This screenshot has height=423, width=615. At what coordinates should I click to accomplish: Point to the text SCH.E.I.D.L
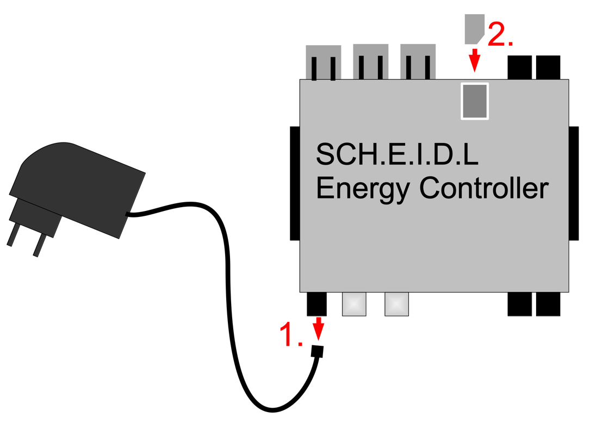(x=397, y=155)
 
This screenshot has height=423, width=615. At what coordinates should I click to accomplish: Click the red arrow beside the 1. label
(x=318, y=329)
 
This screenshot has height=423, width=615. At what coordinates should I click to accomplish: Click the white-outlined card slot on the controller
(x=475, y=101)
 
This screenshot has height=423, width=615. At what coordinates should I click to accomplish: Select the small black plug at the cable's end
(x=318, y=351)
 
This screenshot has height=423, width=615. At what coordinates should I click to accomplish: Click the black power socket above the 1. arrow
(x=317, y=303)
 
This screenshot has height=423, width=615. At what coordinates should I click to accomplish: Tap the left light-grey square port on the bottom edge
(x=354, y=304)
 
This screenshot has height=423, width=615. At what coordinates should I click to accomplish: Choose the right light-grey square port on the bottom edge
(x=396, y=304)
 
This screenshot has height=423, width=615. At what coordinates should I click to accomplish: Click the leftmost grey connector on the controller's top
(x=324, y=62)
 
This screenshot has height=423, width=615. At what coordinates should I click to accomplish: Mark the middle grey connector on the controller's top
(x=370, y=61)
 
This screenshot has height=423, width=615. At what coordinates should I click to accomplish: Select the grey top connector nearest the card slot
(x=418, y=61)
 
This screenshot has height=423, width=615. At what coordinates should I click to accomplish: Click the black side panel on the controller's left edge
(x=295, y=183)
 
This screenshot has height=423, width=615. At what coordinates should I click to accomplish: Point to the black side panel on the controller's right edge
(x=574, y=183)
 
